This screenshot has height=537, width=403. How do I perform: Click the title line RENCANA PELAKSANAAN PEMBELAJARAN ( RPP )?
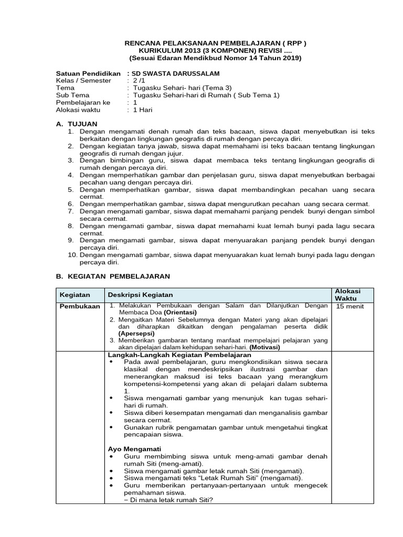(x=214, y=42)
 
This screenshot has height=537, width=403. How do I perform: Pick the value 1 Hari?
(x=142, y=110)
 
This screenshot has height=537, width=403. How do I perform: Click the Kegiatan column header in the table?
(x=75, y=295)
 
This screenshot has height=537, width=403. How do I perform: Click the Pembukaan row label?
(x=79, y=306)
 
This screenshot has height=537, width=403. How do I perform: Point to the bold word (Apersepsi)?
(x=136, y=333)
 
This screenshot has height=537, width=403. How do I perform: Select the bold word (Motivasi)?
(x=264, y=347)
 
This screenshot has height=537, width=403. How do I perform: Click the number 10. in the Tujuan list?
(x=72, y=255)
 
